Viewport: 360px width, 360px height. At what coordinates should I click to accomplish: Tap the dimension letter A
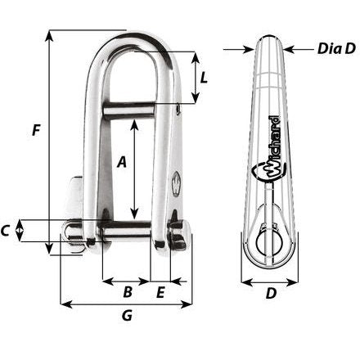pyautogui.click(x=122, y=162)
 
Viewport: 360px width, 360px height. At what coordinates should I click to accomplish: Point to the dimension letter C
pyautogui.click(x=7, y=232)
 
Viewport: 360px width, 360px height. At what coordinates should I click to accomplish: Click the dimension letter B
pyautogui.click(x=127, y=291)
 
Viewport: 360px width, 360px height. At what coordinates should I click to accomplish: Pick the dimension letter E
pyautogui.click(x=160, y=291)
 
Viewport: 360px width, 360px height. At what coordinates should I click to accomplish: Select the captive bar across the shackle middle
pyautogui.click(x=137, y=106)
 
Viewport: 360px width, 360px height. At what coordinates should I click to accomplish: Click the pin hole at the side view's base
pyautogui.click(x=269, y=242)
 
